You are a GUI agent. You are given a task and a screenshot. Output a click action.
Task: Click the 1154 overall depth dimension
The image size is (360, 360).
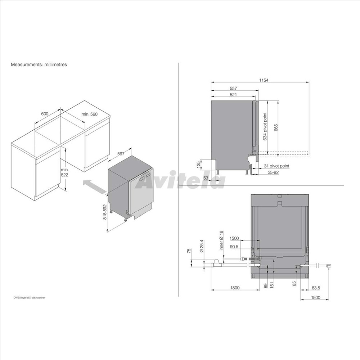point(264,80)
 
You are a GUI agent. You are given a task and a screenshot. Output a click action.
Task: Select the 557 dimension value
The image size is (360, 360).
point(233,88)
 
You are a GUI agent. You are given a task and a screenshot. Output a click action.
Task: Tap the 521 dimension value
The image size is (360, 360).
point(233,95)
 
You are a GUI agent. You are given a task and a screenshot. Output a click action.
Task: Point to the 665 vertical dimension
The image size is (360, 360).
point(276,128)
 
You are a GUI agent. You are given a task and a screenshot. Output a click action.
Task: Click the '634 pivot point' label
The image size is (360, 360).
point(265,126)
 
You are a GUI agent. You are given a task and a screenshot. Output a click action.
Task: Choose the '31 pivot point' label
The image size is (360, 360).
point(276,166)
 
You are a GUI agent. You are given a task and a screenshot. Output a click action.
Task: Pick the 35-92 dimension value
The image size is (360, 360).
point(273,172)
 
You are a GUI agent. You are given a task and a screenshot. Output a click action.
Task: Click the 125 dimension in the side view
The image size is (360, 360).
point(199,164)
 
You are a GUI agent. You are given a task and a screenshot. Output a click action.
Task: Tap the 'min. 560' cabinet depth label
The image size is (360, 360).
point(90,114)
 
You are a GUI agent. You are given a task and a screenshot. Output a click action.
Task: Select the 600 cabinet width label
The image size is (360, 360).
point(45,114)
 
